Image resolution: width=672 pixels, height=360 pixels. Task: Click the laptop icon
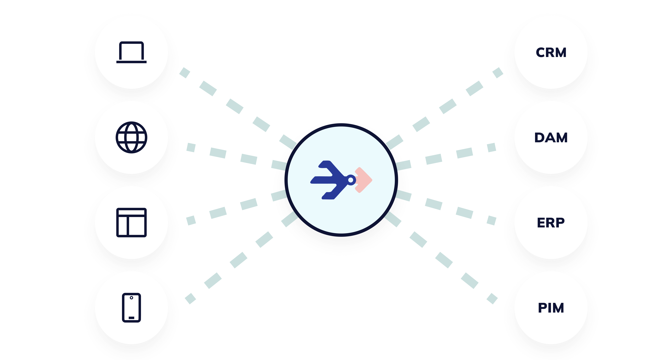pos(131,52)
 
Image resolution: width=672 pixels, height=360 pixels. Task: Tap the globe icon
pos(131,137)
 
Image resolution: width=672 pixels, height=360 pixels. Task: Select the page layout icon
pos(131,222)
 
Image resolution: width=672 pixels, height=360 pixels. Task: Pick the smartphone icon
pos(131,308)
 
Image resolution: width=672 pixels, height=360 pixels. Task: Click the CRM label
pos(551,53)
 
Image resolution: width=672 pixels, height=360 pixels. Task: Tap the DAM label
pos(551,138)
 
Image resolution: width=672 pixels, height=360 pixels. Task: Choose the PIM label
pos(551,308)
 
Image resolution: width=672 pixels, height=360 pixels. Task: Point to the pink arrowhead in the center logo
pos(364,180)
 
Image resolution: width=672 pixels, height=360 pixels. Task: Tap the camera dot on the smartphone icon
pos(131,298)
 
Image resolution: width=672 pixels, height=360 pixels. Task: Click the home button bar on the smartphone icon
pos(131,318)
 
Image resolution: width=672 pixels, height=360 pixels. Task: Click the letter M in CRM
pos(560,53)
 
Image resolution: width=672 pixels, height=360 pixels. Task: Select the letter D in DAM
pos(540,138)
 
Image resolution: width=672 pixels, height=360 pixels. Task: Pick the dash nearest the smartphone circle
pos(190,299)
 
